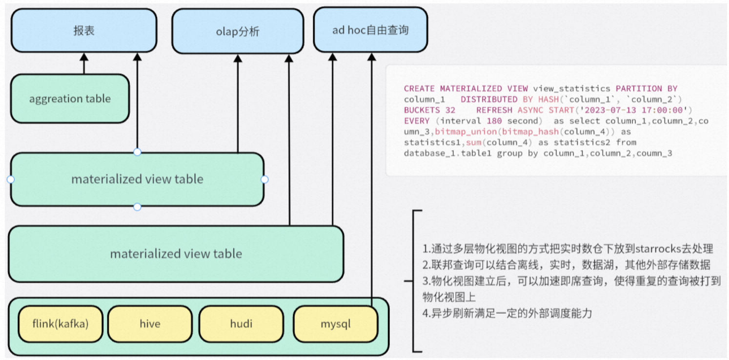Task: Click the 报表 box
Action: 84,30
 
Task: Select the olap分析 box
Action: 238,31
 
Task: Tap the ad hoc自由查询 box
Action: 370,30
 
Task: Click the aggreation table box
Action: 70,99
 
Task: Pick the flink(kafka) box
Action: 61,324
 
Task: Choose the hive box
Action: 150,324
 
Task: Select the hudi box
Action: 241,324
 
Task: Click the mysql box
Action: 336,324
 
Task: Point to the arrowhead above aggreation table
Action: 84,57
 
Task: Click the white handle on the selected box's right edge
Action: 264,179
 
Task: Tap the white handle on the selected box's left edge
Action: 11,179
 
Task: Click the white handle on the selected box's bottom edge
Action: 137,207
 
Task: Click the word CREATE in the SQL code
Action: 419,88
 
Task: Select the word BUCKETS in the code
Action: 422,110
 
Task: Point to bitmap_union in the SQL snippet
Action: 466,132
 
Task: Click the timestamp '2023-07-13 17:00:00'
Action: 633,110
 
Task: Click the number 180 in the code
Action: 494,120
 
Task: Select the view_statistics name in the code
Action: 571,88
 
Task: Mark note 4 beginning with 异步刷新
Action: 507,314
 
